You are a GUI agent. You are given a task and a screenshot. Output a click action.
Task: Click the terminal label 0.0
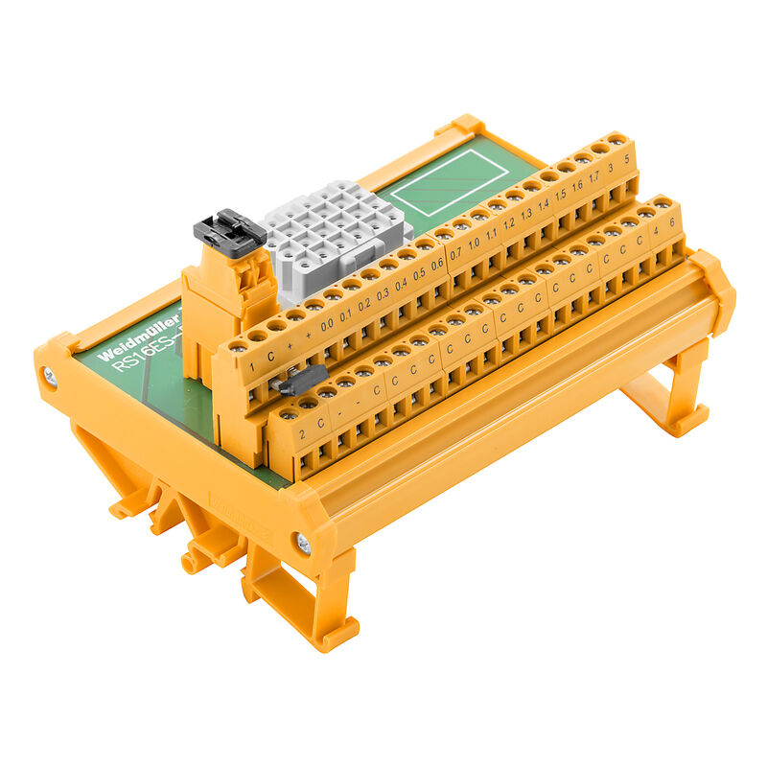point(327,325)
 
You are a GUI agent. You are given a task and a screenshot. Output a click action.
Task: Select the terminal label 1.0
point(473,244)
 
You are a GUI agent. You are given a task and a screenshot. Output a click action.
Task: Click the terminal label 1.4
point(544,205)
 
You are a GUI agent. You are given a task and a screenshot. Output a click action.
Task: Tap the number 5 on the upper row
point(627,159)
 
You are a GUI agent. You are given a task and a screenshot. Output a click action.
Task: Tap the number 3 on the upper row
point(611,168)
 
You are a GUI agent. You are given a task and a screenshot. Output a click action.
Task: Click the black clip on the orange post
point(230,233)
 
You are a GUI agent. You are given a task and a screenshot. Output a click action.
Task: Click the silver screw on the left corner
point(50,377)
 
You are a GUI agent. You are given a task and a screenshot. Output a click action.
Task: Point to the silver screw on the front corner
point(303,544)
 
